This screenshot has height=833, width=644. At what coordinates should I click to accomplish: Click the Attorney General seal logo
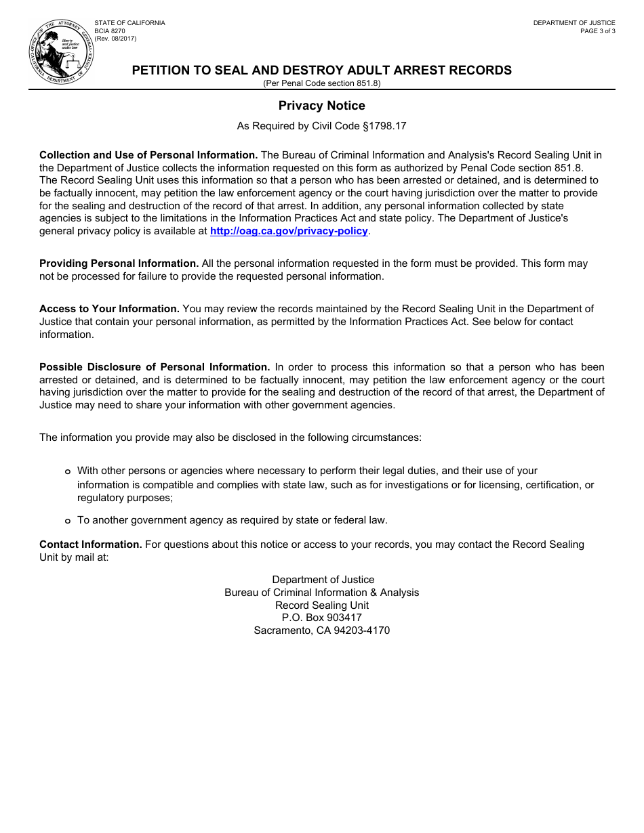61,53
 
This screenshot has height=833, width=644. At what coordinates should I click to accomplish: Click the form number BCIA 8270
110,31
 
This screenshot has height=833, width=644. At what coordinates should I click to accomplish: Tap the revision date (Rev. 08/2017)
115,39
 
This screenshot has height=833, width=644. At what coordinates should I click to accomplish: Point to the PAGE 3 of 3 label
597,31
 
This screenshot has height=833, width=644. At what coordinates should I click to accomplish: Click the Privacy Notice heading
321,106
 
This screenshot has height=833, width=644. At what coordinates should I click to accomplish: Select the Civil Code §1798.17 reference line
321,126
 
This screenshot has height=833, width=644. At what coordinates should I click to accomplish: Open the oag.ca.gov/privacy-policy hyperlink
289,231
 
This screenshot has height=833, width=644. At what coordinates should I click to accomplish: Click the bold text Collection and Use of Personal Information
148,155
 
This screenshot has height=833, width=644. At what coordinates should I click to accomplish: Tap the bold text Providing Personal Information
119,263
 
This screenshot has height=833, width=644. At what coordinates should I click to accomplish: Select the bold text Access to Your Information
109,309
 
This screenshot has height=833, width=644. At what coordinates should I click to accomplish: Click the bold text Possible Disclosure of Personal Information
155,367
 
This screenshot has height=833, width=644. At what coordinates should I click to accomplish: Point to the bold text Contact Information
90,544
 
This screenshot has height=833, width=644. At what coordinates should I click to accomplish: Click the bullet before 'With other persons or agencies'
67,471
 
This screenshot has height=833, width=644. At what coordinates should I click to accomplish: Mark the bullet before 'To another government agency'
67,521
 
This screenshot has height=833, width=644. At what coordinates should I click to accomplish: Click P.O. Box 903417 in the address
321,618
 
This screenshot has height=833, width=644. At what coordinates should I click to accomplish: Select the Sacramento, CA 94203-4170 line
321,631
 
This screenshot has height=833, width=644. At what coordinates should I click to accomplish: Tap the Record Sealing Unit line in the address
321,605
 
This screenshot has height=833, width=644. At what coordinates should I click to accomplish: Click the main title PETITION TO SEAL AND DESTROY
321,70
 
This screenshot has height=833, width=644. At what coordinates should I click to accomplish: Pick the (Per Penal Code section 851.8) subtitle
321,83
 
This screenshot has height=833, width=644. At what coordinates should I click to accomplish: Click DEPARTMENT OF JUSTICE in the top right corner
573,23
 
